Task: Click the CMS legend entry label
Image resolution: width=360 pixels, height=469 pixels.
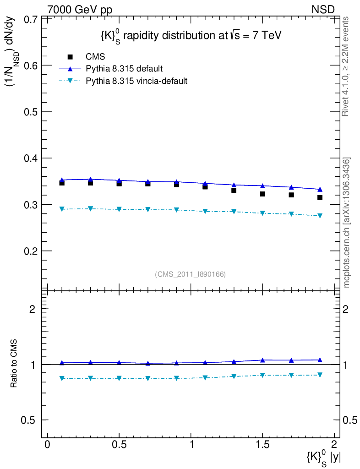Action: (96, 57)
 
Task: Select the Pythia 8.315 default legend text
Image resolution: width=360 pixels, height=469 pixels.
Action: (125, 69)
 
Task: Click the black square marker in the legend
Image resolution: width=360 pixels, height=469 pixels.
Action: (70, 57)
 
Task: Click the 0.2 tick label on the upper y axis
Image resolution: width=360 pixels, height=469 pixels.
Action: (30, 251)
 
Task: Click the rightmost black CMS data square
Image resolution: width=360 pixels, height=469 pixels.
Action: (320, 197)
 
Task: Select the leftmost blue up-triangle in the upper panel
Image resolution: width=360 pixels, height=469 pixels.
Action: (62, 180)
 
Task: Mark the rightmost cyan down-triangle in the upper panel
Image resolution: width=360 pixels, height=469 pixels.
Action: (320, 216)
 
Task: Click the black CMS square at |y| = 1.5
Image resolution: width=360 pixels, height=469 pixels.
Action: (262, 194)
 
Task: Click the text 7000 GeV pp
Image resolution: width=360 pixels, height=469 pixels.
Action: (80, 9)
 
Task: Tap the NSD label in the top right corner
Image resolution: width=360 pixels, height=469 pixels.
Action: (323, 9)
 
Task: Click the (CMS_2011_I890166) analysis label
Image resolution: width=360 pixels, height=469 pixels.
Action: (190, 274)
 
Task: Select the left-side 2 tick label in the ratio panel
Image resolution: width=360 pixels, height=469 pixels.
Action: (33, 309)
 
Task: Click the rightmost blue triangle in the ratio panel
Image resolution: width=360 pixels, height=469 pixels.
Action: (320, 360)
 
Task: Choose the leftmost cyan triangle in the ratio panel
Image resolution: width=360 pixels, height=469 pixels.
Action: (62, 378)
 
